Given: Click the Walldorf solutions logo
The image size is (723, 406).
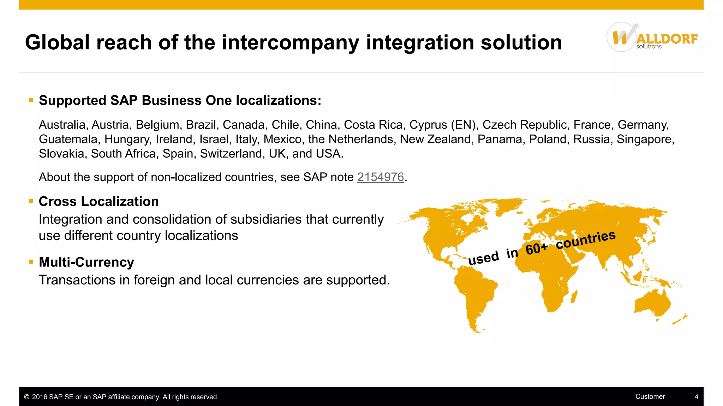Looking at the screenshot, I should point(652,37).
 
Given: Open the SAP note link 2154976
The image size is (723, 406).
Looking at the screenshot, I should point(380,177).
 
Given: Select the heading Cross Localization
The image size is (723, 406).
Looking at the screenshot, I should point(98,202).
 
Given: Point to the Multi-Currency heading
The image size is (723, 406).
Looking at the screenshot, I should point(86,262).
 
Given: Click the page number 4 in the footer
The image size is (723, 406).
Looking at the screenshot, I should point(696,397).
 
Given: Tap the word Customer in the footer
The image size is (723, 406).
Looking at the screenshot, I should point(650,396).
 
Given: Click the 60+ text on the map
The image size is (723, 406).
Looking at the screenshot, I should point(536,248).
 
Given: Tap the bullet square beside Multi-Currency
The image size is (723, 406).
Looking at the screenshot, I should point(31,262).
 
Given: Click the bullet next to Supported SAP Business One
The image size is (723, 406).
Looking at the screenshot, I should point(31,100).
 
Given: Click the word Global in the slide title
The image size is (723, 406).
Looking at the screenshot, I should point(58,43).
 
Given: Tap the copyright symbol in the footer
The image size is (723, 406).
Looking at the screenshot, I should point(27,397).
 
